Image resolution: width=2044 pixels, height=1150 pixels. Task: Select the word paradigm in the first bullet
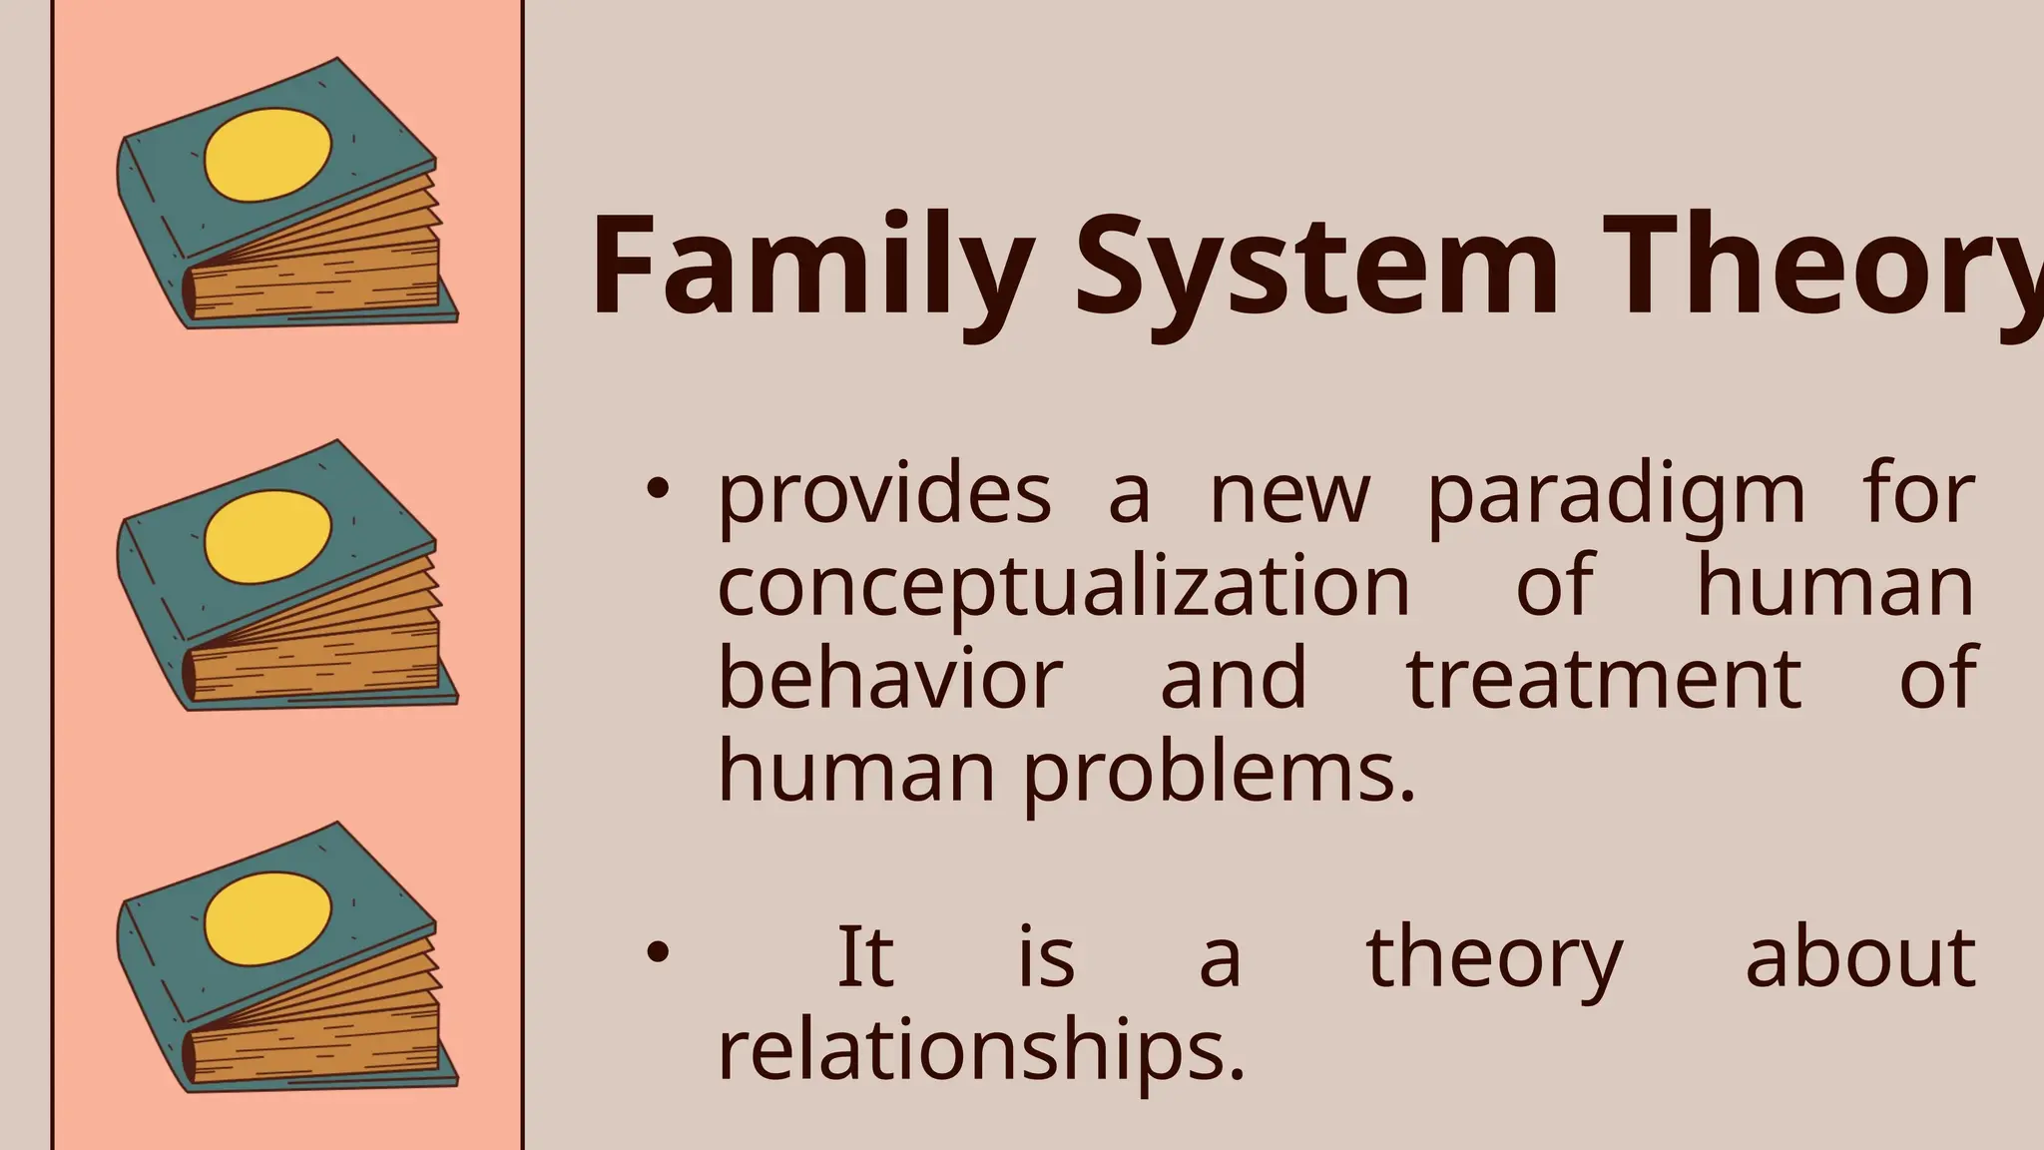(x=1616, y=495)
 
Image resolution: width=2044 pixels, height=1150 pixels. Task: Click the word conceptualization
(x=1064, y=587)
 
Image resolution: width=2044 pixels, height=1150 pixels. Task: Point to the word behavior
(x=890, y=678)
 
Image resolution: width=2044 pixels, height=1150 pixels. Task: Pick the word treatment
(x=1604, y=678)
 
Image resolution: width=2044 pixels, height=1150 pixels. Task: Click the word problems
(x=1219, y=772)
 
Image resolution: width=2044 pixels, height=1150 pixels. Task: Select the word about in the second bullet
(x=1860, y=956)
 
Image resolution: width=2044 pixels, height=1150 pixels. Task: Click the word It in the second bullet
(x=864, y=956)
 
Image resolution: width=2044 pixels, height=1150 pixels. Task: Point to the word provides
(x=884, y=495)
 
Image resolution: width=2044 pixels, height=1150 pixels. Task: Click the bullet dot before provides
(x=657, y=489)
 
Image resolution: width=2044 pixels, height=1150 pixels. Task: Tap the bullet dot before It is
(x=657, y=952)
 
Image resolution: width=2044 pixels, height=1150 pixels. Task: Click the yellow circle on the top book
(x=267, y=156)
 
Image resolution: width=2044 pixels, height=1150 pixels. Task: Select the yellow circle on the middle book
(x=267, y=537)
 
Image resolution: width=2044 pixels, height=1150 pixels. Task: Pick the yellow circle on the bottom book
(x=267, y=918)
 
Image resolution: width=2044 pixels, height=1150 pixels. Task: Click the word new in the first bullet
(x=1289, y=495)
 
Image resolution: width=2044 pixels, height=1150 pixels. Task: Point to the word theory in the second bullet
(x=1494, y=956)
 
